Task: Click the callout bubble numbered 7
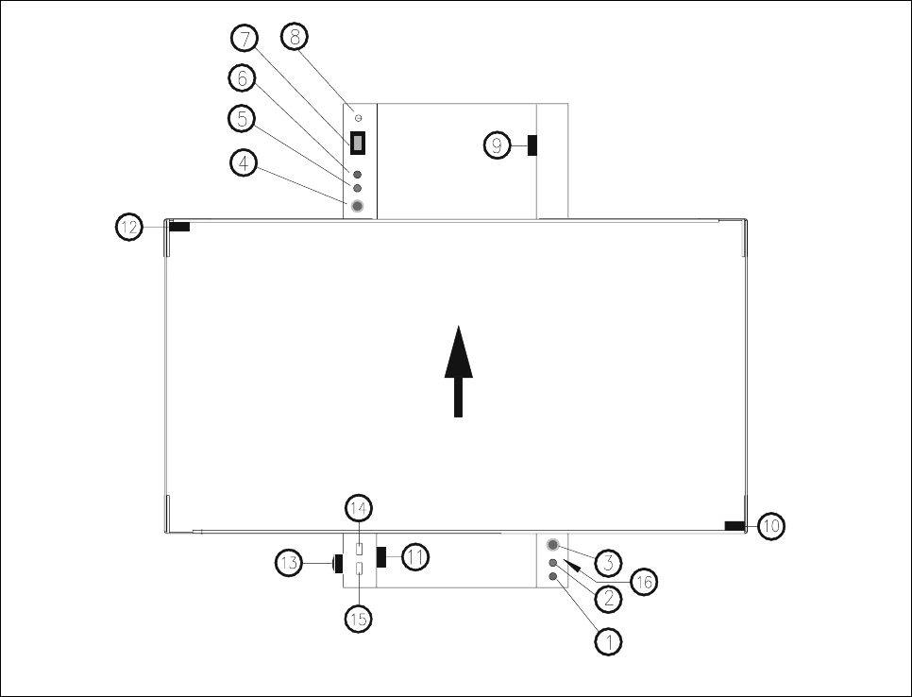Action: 245,40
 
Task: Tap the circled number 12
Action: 130,227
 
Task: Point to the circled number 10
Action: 771,526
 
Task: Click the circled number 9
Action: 498,144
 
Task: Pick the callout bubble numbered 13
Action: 290,565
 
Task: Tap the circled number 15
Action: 360,619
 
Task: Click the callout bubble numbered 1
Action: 609,641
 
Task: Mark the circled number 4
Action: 245,163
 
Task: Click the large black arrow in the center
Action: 457,372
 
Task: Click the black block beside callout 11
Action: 381,557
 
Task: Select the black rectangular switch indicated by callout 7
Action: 359,144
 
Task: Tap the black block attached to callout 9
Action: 532,144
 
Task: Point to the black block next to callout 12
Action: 179,227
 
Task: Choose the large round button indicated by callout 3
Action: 552,545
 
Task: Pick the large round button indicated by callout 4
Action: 358,206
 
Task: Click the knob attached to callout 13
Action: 335,566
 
